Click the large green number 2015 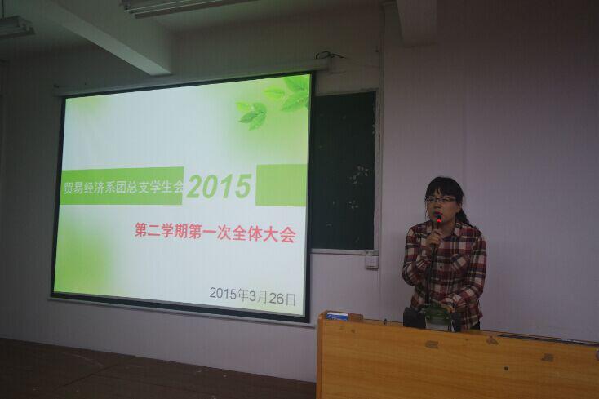(x=219, y=186)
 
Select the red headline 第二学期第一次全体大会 (x=215, y=233)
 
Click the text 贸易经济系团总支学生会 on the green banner (x=123, y=187)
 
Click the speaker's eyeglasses (x=441, y=200)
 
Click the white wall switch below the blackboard (x=371, y=262)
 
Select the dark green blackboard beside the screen (x=343, y=170)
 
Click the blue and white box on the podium (x=337, y=317)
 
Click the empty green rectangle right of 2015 (x=281, y=185)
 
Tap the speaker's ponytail (x=466, y=215)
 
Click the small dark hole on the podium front (x=506, y=369)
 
